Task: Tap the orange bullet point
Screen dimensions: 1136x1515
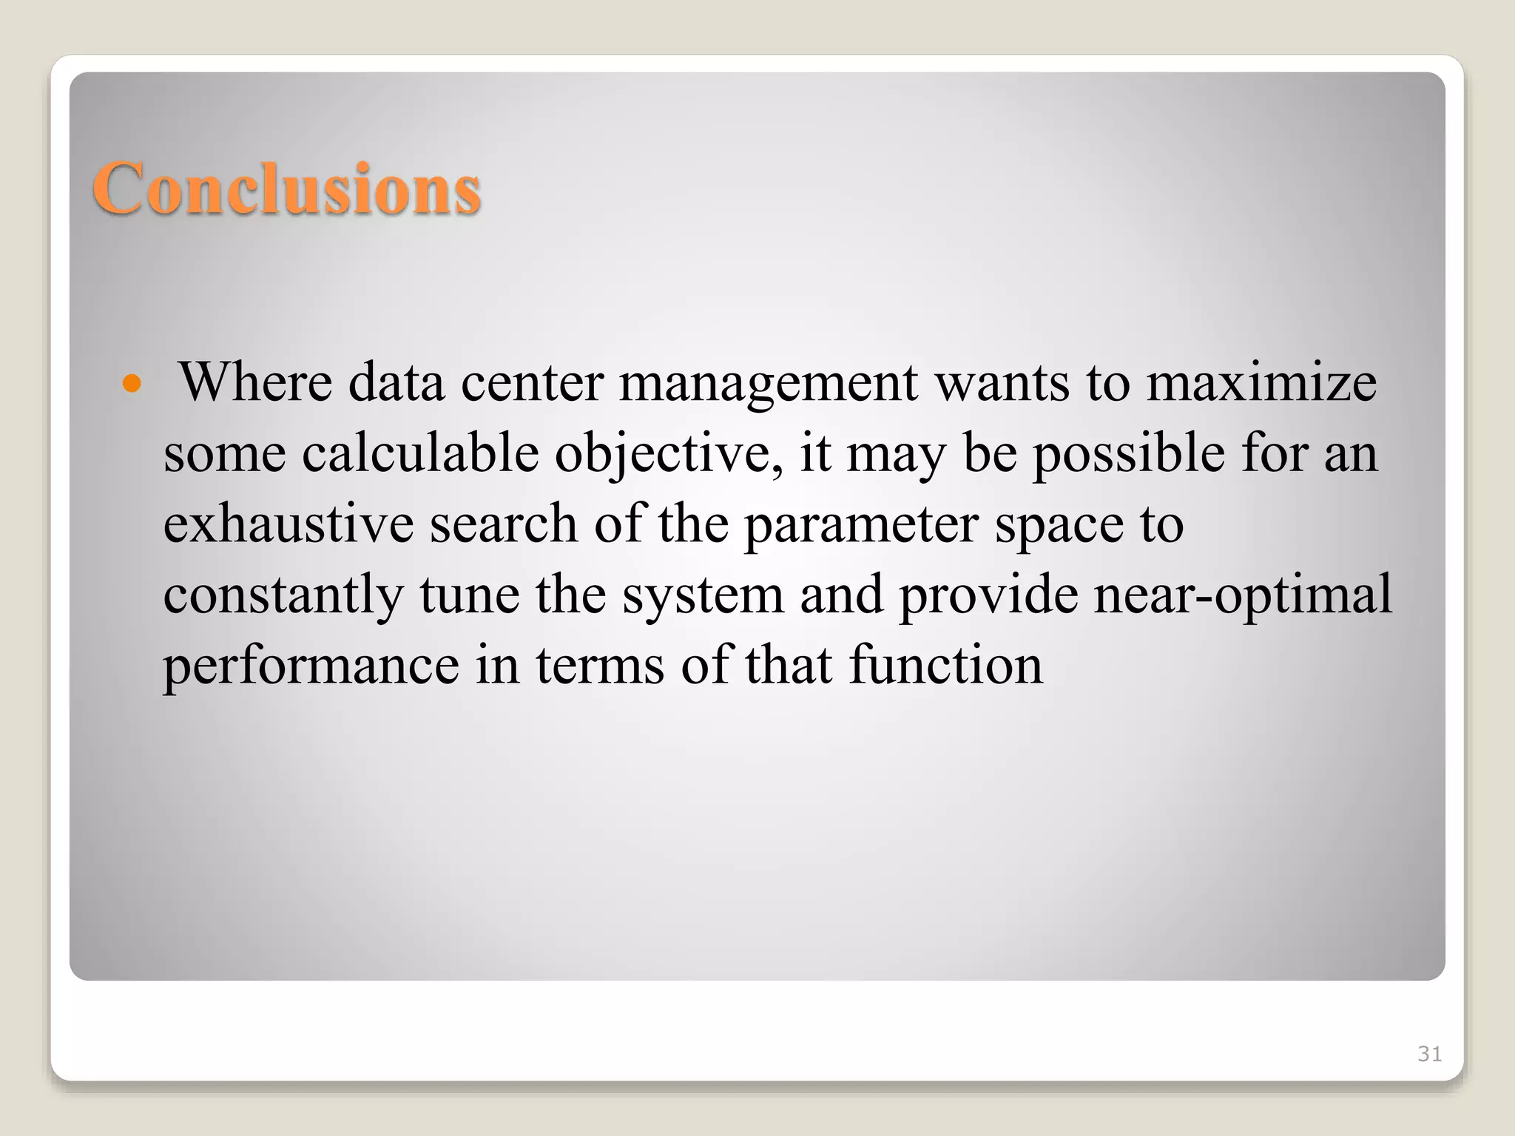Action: tap(132, 384)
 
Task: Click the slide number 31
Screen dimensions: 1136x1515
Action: tap(1429, 1054)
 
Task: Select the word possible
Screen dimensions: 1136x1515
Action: tap(1129, 453)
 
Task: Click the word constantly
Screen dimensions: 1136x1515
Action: tap(283, 595)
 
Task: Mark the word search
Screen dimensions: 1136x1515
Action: tap(504, 523)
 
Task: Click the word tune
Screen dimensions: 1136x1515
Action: tap(470, 595)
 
